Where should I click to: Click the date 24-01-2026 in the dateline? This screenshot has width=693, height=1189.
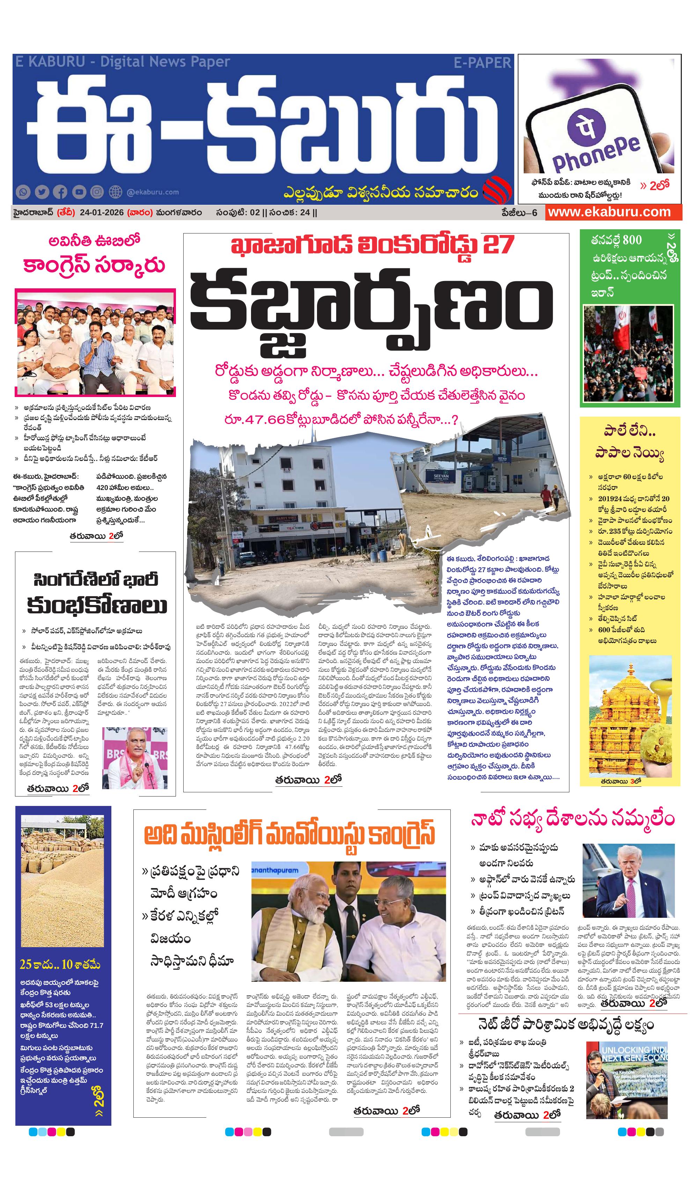point(101,212)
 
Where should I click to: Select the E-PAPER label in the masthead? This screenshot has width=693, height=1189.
point(482,63)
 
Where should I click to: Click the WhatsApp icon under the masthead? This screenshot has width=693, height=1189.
point(23,192)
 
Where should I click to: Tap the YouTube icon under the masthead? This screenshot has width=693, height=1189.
point(79,192)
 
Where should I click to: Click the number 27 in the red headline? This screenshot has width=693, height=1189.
point(498,245)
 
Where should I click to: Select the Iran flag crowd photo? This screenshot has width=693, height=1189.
point(628,353)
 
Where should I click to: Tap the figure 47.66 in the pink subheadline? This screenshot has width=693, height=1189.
point(255,419)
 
